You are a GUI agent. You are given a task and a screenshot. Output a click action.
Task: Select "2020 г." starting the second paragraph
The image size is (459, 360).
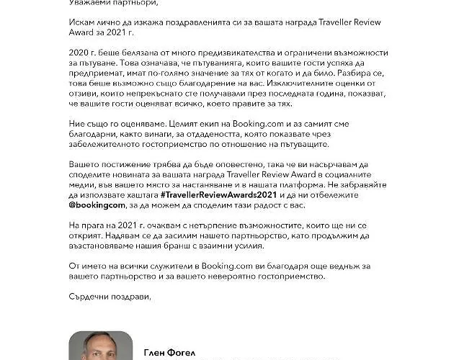pos(81,55)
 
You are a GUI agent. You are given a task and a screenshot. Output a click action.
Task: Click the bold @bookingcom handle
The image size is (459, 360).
pos(97,225)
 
